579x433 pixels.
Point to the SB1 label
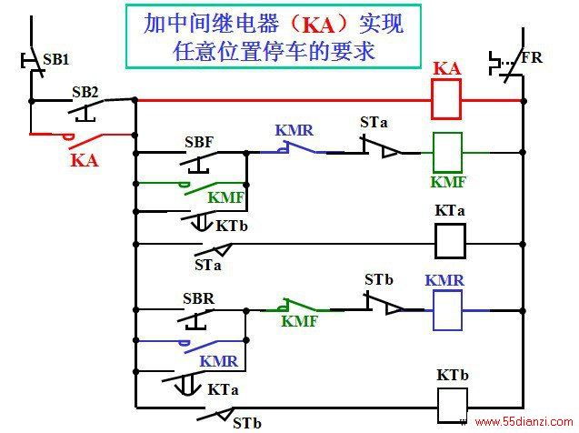pos(55,59)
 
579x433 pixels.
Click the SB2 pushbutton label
pos(85,92)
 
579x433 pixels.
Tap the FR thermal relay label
pos(532,57)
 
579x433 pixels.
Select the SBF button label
pos(199,142)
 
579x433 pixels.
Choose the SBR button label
pos(199,298)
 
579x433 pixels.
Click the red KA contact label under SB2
pos(85,160)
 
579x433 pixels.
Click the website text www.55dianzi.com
pos(524,421)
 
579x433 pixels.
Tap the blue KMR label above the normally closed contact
pos(294,130)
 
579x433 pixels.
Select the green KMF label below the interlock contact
pos(299,321)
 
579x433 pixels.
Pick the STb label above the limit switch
pos(379,279)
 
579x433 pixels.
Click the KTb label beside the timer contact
pos(232,226)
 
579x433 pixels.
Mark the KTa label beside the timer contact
pos(223,389)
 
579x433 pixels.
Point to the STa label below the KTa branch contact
pos(208,265)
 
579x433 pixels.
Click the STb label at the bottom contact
pos(247,423)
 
